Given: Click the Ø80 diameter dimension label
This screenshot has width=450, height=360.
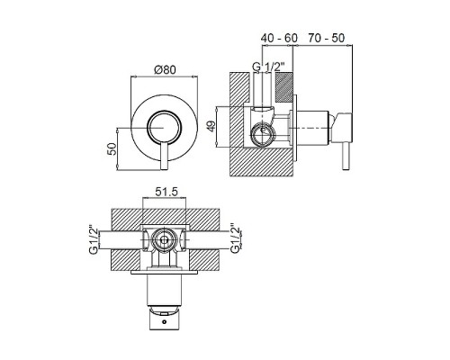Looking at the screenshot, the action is (165, 69).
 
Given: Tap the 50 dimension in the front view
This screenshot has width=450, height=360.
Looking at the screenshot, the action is (112, 149).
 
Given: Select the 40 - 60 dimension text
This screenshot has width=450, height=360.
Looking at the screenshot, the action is (279, 38).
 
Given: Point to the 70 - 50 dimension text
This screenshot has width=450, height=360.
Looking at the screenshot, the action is (326, 38).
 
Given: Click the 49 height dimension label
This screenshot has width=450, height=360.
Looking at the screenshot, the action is (211, 126).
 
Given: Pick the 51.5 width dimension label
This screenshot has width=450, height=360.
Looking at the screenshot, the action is (166, 192).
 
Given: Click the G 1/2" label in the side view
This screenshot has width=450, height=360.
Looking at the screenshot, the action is (268, 67).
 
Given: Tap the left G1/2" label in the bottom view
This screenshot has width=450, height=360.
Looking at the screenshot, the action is (94, 240).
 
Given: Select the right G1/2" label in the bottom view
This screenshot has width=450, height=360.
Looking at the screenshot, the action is (235, 240).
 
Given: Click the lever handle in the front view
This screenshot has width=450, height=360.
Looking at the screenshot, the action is (164, 156).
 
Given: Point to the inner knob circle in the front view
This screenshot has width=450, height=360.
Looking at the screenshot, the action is (164, 127).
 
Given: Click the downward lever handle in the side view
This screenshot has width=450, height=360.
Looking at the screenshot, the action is (346, 156).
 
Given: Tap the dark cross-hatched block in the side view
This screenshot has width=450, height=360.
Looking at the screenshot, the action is (283, 86).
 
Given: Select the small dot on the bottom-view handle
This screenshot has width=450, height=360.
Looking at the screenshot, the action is (164, 322).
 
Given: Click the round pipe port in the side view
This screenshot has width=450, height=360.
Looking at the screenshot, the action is (263, 135).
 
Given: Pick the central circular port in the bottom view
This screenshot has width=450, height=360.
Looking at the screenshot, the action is (164, 240).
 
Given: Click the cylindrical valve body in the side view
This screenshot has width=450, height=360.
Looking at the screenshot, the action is (312, 128).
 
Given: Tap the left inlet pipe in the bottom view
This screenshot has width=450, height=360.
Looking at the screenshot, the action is (120, 240).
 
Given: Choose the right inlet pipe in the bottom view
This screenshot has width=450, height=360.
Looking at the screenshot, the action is (206, 240).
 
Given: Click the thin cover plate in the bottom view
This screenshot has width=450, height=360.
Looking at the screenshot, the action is (164, 273).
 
